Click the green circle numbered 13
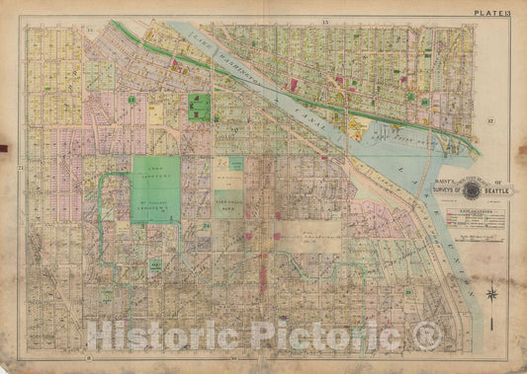131,100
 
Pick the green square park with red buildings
199,106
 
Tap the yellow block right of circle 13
155,114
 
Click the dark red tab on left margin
4,150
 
